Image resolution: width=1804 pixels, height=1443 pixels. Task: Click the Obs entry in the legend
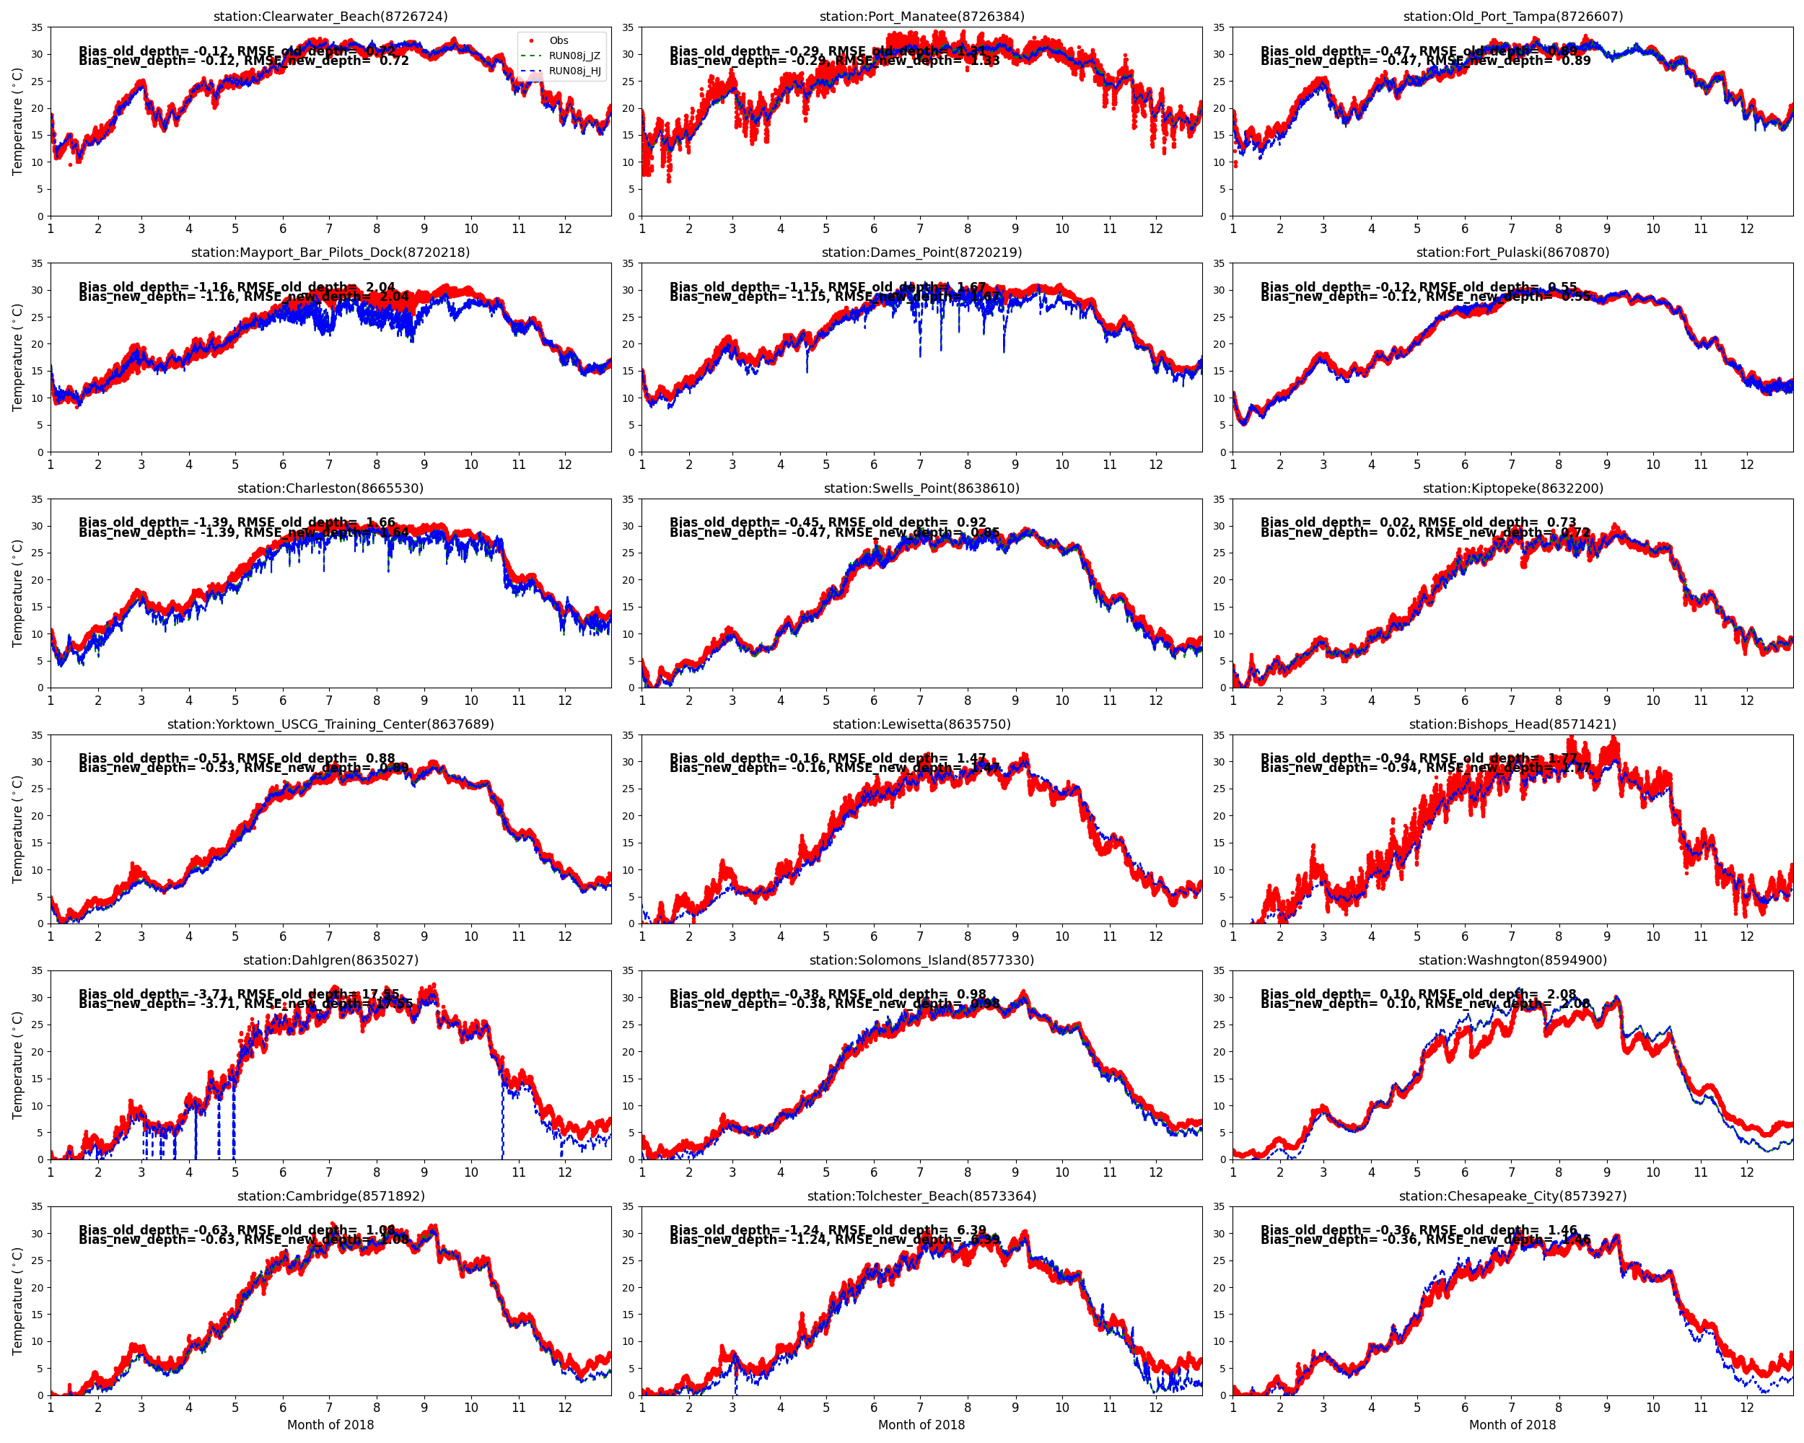pyautogui.click(x=558, y=40)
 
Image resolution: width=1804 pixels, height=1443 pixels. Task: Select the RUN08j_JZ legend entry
pyautogui.click(x=574, y=56)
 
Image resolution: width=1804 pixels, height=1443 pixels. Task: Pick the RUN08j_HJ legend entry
pyautogui.click(x=574, y=70)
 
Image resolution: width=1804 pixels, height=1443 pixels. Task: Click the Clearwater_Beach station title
pyautogui.click(x=330, y=16)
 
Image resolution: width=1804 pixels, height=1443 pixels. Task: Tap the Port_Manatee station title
pyautogui.click(x=921, y=16)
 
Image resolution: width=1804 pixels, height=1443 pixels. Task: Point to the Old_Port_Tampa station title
pyautogui.click(x=1512, y=16)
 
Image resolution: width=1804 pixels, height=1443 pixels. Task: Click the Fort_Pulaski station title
pyautogui.click(x=1512, y=252)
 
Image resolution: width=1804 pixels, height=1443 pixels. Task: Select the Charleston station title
pyautogui.click(x=330, y=488)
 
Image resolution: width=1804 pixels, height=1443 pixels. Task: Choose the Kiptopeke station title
pyautogui.click(x=1512, y=488)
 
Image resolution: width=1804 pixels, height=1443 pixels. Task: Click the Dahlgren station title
pyautogui.click(x=330, y=960)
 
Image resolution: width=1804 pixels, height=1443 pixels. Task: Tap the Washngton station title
pyautogui.click(x=1512, y=960)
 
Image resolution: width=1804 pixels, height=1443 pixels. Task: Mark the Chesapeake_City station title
pyautogui.click(x=1512, y=1196)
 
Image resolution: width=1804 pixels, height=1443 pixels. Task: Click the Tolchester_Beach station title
pyautogui.click(x=921, y=1196)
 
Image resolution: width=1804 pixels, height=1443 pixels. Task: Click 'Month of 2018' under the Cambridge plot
pyautogui.click(x=330, y=1424)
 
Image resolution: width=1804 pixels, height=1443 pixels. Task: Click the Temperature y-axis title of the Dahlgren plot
pyautogui.click(x=17, y=1065)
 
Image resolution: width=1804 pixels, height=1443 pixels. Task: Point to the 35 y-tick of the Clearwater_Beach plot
pyautogui.click(x=37, y=27)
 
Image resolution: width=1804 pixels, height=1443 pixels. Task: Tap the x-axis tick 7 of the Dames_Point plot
pyautogui.click(x=921, y=464)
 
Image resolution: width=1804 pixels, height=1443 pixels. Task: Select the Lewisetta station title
pyautogui.click(x=921, y=724)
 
